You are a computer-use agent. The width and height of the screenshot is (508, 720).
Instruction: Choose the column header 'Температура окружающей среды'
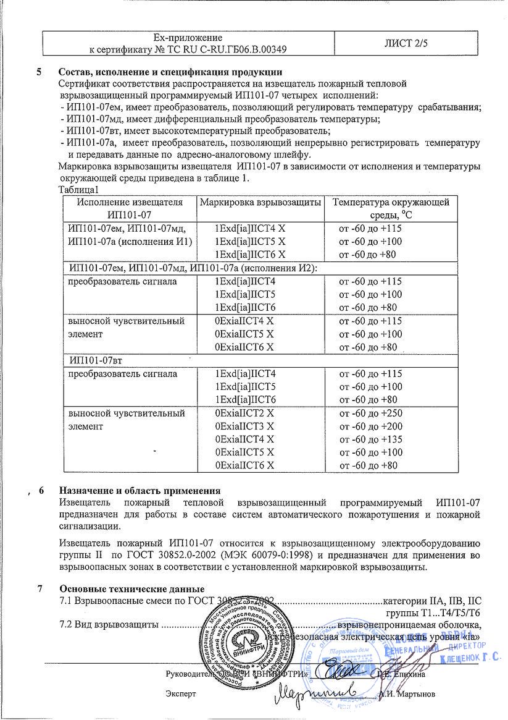391,208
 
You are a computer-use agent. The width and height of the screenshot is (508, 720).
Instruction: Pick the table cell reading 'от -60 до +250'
370,413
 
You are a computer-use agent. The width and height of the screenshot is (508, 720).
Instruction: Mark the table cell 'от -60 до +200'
370,426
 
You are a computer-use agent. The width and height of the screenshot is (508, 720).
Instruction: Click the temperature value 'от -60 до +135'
370,439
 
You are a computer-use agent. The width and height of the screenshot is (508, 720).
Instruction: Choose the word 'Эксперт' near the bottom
181,694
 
